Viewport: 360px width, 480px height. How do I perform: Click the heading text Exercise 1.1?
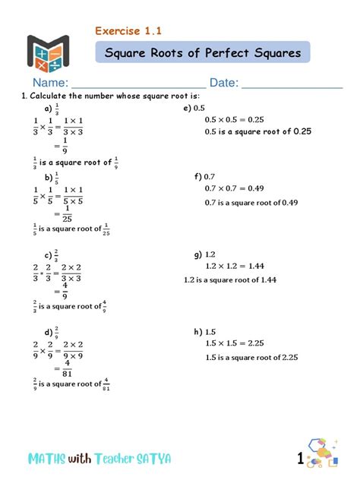pos(128,31)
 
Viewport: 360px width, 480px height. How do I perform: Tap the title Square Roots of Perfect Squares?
pos(202,53)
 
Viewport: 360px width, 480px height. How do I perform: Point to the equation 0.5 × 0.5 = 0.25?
pos(234,119)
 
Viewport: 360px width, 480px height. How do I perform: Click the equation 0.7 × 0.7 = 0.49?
pos(234,188)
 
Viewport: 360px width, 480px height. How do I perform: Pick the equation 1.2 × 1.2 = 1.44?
pos(235,266)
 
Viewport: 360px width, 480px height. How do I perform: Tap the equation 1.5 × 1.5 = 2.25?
pos(235,343)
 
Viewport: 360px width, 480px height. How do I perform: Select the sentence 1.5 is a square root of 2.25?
pos(251,357)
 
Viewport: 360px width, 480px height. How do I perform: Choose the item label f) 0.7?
pos(205,176)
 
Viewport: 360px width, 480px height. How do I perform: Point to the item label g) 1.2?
pos(206,254)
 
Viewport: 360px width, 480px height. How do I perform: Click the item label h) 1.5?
pos(206,332)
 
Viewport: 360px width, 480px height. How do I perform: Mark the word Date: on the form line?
pos(224,82)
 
